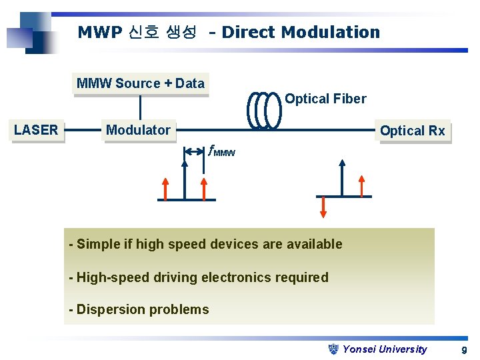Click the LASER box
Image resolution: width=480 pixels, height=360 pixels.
pyautogui.click(x=36, y=130)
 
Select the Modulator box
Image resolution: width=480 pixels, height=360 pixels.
pyautogui.click(x=138, y=130)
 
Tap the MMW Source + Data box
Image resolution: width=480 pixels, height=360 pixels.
pyautogui.click(x=141, y=84)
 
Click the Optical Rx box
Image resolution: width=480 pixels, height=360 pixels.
pyautogui.click(x=412, y=131)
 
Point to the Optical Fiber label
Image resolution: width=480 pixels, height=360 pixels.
pyautogui.click(x=325, y=99)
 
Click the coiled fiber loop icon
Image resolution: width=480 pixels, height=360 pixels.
pyautogui.click(x=265, y=109)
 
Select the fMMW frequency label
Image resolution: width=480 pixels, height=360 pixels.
pyautogui.click(x=222, y=152)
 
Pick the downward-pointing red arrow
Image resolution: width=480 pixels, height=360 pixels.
pyautogui.click(x=323, y=207)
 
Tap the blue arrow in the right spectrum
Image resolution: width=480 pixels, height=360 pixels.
pyautogui.click(x=341, y=177)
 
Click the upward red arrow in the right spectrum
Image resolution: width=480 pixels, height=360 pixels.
pyautogui.click(x=362, y=185)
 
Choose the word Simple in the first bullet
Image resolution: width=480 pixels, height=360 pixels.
pyautogui.click(x=98, y=244)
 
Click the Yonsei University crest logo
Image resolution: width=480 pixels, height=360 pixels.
pyautogui.click(x=335, y=349)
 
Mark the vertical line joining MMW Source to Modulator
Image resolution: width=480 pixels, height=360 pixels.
pyautogui.click(x=141, y=107)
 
